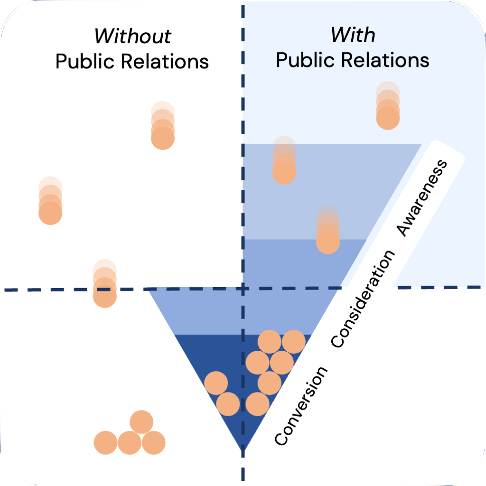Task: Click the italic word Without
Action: point(133,37)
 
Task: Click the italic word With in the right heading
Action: point(353,35)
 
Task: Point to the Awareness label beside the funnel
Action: point(421,198)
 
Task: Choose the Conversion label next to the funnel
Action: point(301,406)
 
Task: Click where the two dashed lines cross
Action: point(243,288)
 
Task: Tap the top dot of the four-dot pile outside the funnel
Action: point(141,422)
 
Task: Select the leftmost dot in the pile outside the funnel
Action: point(106,443)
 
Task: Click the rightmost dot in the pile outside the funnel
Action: point(153,443)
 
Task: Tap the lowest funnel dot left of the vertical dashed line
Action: point(228,404)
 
